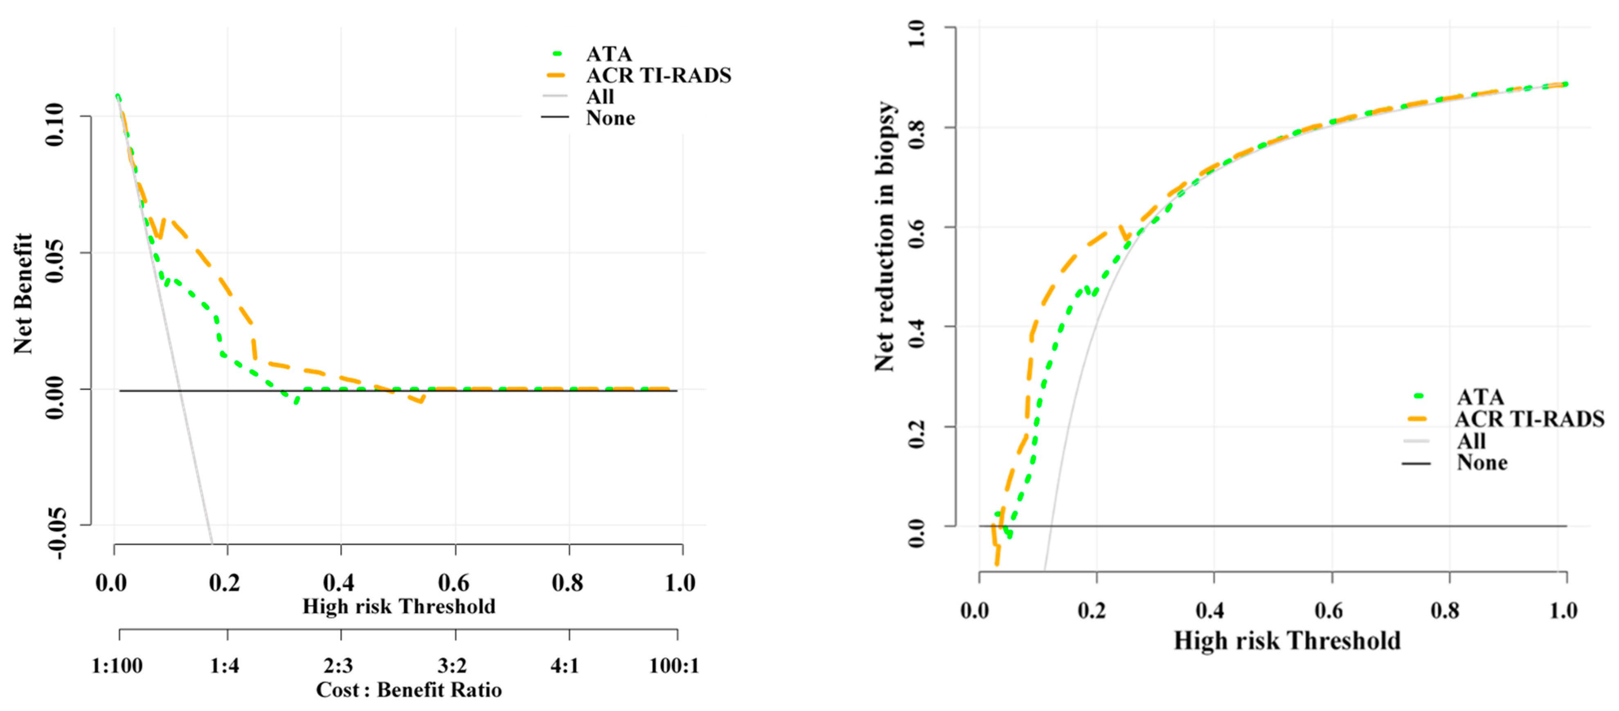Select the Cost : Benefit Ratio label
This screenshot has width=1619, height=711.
tap(408, 690)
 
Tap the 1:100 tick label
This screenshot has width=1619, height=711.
tap(117, 665)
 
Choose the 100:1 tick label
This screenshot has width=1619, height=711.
tap(674, 665)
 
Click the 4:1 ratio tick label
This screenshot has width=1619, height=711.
tap(564, 665)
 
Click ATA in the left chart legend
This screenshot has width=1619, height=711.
tap(608, 54)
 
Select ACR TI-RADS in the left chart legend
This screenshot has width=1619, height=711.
tap(658, 75)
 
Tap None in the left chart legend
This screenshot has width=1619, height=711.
tap(610, 118)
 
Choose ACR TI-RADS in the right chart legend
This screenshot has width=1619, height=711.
tap(1529, 418)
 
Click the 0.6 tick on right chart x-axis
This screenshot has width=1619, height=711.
tap(1328, 610)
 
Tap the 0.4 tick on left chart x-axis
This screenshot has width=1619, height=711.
tap(339, 583)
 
